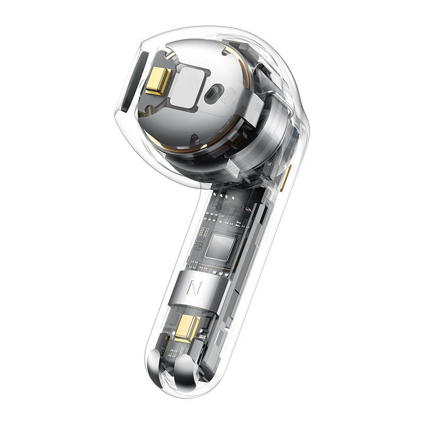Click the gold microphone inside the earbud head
(157, 81)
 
